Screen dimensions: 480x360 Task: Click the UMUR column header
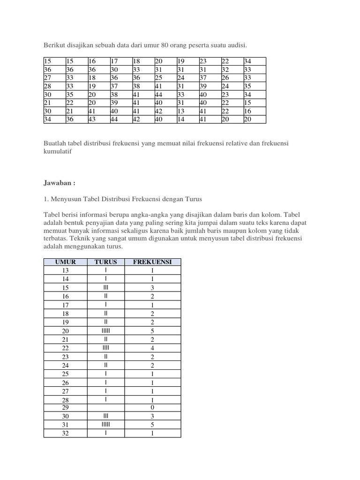(x=65, y=262)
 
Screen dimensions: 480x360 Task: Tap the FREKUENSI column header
(x=152, y=262)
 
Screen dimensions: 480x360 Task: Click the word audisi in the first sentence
(x=235, y=45)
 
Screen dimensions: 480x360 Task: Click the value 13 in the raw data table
(x=180, y=112)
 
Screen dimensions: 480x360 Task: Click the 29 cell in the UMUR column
(x=65, y=408)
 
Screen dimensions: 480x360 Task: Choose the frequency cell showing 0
(x=152, y=408)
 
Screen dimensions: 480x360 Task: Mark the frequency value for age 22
(x=152, y=348)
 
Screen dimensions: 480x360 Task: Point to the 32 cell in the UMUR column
(x=65, y=433)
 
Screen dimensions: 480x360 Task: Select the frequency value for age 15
(x=152, y=288)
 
